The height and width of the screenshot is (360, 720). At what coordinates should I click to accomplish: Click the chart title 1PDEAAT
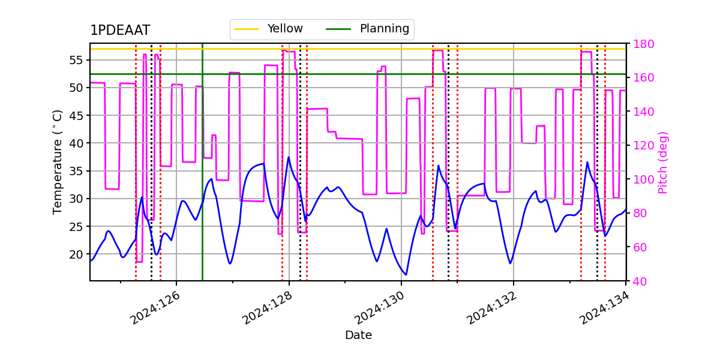(x=120, y=31)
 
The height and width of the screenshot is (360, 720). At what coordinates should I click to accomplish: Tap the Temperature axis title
(x=58, y=161)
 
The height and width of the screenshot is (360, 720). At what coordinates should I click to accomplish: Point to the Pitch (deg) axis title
(x=663, y=162)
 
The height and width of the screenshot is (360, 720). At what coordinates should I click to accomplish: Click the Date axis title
(x=358, y=335)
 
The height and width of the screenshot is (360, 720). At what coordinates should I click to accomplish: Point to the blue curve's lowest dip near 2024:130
(x=406, y=275)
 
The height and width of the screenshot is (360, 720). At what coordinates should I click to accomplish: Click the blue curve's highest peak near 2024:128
(x=289, y=157)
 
